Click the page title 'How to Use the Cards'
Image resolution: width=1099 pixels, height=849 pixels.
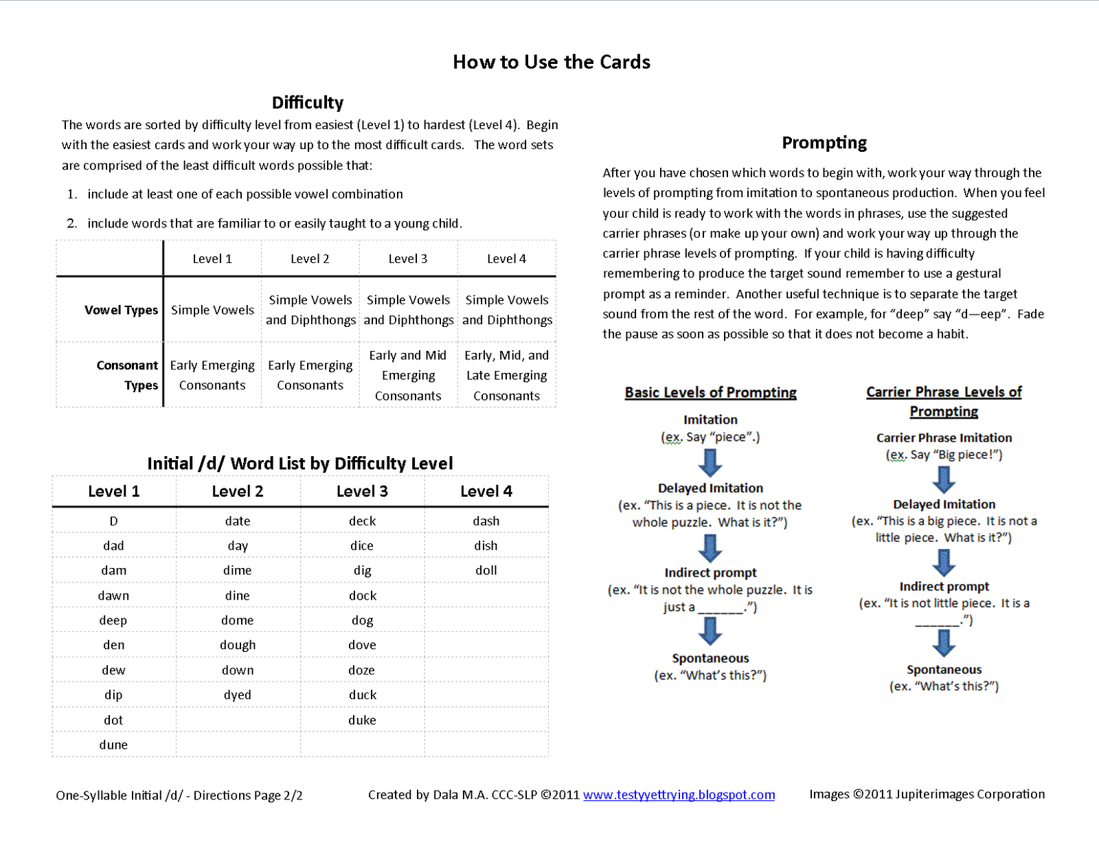tap(551, 62)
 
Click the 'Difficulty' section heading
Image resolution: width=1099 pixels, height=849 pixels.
tap(307, 102)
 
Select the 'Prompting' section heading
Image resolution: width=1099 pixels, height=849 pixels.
tap(824, 142)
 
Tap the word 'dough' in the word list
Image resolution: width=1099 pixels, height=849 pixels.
tap(238, 645)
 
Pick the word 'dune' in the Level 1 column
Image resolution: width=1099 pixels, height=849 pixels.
tap(113, 745)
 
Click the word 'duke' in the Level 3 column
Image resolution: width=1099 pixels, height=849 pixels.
tap(362, 720)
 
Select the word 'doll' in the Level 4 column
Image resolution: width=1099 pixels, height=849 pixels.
tap(486, 570)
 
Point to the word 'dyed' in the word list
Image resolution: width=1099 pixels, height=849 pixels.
tap(238, 695)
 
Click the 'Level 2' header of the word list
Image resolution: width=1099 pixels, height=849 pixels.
tap(238, 491)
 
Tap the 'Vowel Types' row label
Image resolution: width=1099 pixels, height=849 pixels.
tap(121, 310)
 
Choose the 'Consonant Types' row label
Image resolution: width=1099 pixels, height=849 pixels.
tap(127, 375)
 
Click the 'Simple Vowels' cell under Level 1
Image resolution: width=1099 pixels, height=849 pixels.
tap(212, 310)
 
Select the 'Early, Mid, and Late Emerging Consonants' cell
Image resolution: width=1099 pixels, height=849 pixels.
tap(507, 375)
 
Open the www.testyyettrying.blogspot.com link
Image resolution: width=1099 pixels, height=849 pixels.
tap(679, 795)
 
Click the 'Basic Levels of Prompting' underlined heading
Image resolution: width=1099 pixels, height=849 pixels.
tap(710, 392)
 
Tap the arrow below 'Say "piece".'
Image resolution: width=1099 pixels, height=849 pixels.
tap(710, 462)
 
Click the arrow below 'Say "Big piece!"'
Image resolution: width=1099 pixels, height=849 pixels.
tap(944, 479)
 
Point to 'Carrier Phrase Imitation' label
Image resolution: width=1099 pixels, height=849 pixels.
tap(944, 438)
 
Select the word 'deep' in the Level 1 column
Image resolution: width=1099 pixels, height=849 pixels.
tap(113, 620)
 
